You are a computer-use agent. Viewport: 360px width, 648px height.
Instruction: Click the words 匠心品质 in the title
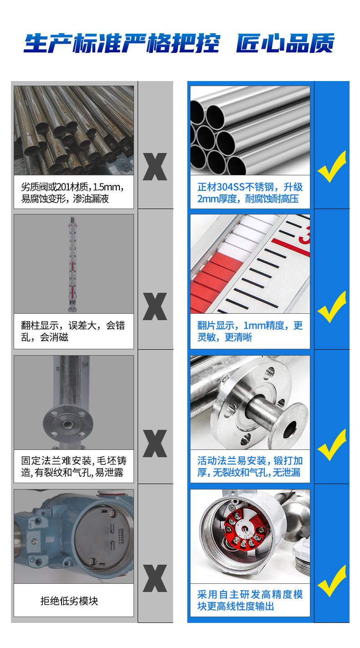point(285,43)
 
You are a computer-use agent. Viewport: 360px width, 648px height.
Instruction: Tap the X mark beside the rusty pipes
point(155,167)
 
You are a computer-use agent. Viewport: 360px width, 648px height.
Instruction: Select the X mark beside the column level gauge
point(155,306)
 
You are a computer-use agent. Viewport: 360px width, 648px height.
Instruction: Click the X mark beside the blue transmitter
point(155,578)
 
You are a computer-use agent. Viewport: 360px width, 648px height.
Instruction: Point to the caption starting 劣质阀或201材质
point(73,193)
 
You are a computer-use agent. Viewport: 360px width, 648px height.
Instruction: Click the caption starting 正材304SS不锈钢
point(250,193)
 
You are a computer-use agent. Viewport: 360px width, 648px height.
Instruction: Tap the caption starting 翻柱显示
point(73,331)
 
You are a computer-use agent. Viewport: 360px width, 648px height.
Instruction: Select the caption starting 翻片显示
point(250,331)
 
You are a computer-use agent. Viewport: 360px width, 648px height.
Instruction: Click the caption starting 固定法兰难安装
point(73,466)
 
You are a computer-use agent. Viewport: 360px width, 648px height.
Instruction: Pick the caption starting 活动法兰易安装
point(250,466)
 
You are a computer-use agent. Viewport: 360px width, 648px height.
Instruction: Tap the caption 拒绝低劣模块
point(69,601)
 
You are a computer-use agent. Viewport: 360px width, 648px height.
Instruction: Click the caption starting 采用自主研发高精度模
point(250,600)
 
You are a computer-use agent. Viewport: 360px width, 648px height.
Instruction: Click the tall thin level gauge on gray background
point(72,264)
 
